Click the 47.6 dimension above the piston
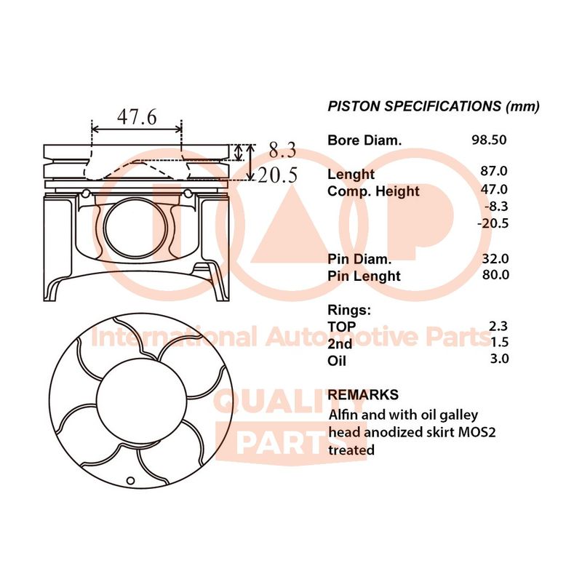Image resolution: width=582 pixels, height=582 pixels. (x=137, y=116)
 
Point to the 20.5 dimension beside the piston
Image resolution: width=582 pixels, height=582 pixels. (x=278, y=175)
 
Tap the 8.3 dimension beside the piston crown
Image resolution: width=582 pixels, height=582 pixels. (x=282, y=150)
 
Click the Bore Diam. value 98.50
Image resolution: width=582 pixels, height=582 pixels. (x=489, y=140)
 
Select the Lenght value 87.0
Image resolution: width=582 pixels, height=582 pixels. (x=494, y=171)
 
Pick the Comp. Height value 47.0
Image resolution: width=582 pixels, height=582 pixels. (x=494, y=189)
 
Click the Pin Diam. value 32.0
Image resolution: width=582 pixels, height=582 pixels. (x=495, y=258)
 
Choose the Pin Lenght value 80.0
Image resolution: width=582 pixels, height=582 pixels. (x=495, y=275)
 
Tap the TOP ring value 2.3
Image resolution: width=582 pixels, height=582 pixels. (x=498, y=326)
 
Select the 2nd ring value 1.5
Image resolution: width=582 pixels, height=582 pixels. (x=499, y=342)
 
